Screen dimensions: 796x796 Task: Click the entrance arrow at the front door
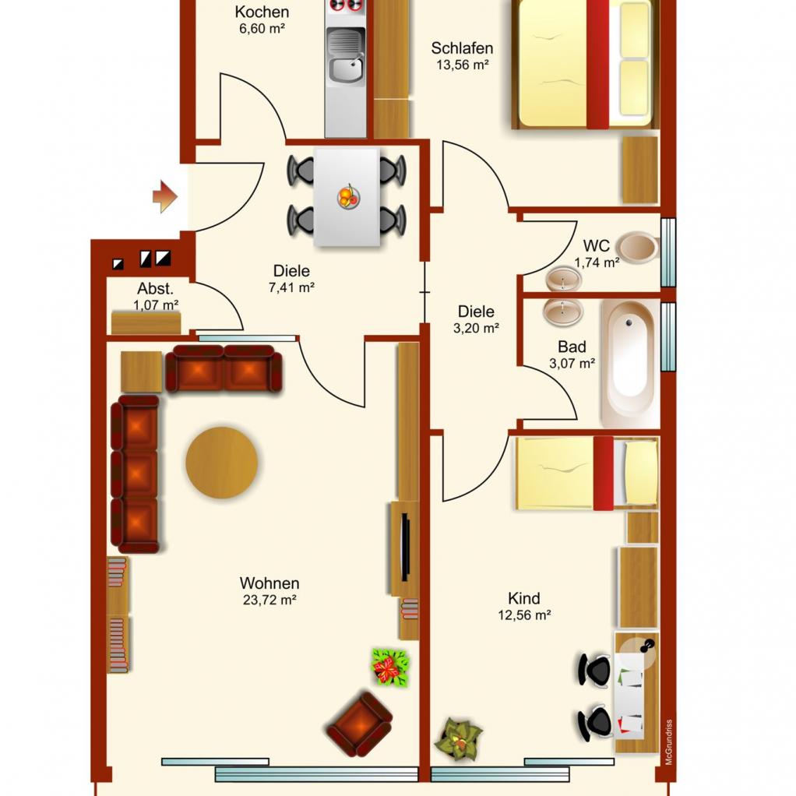click(x=165, y=196)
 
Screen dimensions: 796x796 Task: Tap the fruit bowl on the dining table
click(x=348, y=196)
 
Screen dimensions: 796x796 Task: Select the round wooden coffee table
click(x=222, y=463)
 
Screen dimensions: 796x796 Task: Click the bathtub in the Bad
click(x=630, y=363)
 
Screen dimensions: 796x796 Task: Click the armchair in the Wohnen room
click(x=359, y=724)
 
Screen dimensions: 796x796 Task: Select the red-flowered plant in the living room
click(x=390, y=667)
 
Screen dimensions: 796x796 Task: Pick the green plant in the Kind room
click(x=459, y=739)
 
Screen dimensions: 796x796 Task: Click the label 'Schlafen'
click(x=462, y=48)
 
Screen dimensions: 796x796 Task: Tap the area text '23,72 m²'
click(x=269, y=600)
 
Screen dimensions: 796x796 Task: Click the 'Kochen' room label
click(x=262, y=12)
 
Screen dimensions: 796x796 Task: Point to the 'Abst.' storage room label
click(x=155, y=289)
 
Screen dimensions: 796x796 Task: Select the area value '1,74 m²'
click(x=597, y=262)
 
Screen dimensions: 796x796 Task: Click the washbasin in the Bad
click(x=563, y=312)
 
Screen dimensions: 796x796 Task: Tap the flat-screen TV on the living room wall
click(x=405, y=548)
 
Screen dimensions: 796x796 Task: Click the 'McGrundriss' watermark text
click(x=668, y=741)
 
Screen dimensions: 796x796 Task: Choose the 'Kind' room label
click(x=524, y=598)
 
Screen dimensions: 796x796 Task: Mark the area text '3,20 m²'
click(x=476, y=329)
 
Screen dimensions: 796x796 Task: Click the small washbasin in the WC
click(x=564, y=279)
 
